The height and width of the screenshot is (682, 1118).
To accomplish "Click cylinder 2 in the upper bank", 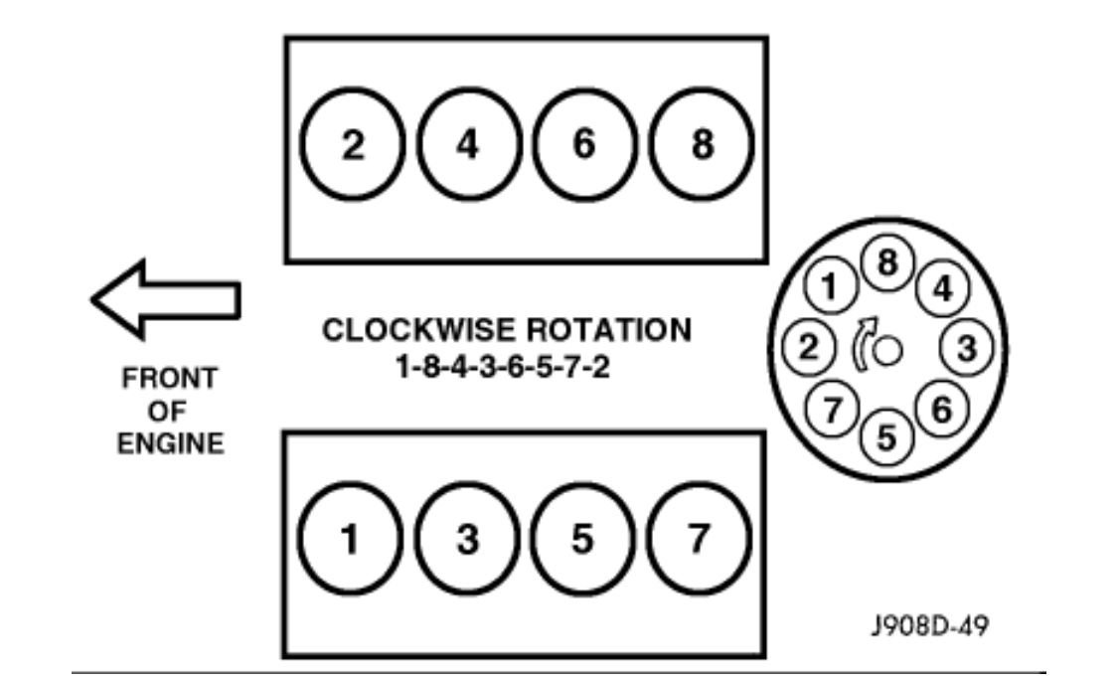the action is [x=352, y=145].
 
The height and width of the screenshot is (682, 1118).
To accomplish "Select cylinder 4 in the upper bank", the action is [x=468, y=145].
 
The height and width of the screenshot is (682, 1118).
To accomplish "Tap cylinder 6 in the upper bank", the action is [x=584, y=145].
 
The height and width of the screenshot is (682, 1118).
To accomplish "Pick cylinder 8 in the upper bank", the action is [x=701, y=145].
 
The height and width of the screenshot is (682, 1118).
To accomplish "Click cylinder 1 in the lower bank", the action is [x=350, y=539].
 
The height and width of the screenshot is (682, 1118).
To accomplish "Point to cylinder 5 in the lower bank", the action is [x=582, y=539].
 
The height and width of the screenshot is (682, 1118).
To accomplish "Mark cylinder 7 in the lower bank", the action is [x=699, y=539].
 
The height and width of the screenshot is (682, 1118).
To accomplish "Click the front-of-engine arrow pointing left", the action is [x=165, y=299].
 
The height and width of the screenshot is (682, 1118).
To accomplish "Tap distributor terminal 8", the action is [x=887, y=263].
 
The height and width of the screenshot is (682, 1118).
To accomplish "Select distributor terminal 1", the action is [x=830, y=286].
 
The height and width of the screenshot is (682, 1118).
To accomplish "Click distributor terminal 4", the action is [x=943, y=289].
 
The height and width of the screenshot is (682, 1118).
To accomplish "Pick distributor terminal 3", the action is [x=967, y=348].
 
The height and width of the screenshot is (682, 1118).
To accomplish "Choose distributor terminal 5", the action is [x=886, y=436].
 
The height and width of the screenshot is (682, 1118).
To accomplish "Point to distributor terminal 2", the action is [x=809, y=347].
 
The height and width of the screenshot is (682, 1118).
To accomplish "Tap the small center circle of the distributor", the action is [x=887, y=350].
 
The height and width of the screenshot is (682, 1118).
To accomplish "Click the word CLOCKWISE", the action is [x=418, y=330].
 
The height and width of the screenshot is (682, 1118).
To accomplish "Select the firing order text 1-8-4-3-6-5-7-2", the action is [x=504, y=368].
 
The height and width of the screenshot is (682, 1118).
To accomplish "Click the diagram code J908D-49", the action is [x=930, y=625].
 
